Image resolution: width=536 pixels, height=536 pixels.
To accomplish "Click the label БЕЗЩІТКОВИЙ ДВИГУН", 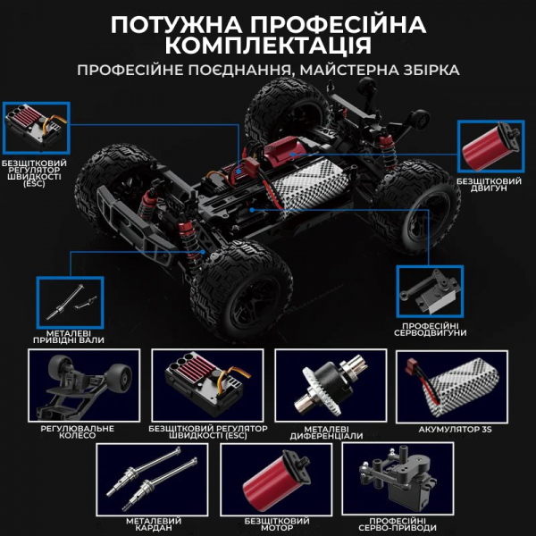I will [x=488, y=184].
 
